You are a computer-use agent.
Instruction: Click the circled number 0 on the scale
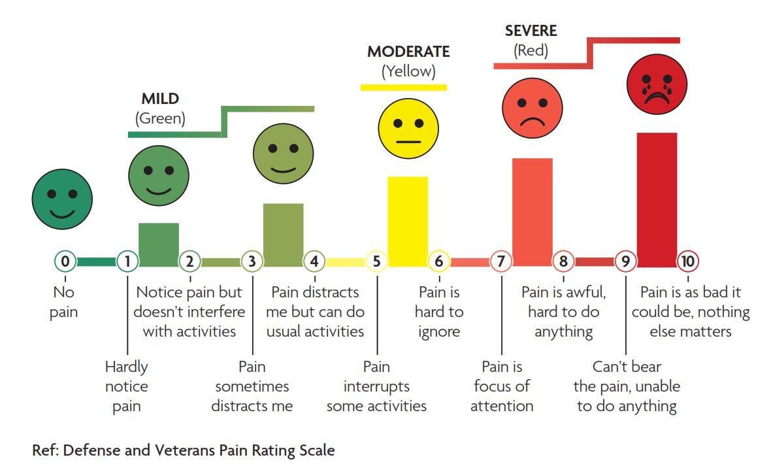tap(65, 262)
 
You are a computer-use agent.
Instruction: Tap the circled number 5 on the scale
tap(376, 262)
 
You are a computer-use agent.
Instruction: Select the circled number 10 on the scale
tap(687, 262)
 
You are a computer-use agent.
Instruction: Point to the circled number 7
tap(500, 262)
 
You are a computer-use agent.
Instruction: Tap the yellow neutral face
tap(408, 127)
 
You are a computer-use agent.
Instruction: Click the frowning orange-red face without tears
tap(532, 107)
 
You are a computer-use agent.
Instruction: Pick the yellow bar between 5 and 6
tap(408, 221)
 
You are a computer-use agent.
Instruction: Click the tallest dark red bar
tap(657, 199)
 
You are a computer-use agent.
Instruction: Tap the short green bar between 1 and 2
tap(158, 244)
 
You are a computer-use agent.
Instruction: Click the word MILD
tap(160, 99)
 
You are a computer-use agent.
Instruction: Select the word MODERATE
tap(408, 52)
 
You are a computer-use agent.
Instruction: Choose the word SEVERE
tap(531, 31)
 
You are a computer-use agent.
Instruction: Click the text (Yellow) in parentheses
tap(408, 71)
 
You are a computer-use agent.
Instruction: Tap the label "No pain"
tap(64, 302)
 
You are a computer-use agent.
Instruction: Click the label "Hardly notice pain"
tap(127, 386)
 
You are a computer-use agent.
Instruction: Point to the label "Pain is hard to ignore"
tap(439, 312)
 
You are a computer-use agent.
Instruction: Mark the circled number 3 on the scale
tap(252, 262)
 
